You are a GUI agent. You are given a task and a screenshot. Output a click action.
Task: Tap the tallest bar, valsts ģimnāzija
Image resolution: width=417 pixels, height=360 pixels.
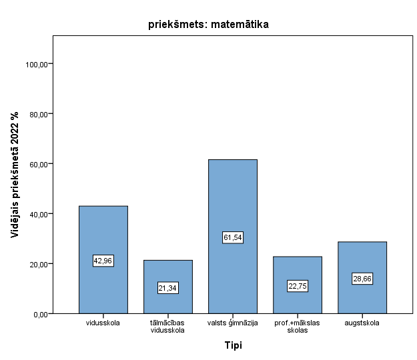(x=232, y=200)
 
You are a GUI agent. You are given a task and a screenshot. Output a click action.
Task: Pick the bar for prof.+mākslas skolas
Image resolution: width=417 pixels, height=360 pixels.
(x=298, y=267)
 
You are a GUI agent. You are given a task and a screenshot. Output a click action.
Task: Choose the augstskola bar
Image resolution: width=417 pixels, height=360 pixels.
(x=362, y=260)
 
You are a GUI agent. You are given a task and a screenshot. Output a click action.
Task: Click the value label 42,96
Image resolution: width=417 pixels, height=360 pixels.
(x=103, y=261)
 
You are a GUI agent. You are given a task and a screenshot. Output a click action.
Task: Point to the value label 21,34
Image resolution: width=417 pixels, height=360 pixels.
(x=168, y=288)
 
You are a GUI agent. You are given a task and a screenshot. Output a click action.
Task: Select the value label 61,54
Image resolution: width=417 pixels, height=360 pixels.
(x=232, y=237)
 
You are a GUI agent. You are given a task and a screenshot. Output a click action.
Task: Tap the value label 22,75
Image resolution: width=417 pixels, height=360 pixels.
(x=298, y=286)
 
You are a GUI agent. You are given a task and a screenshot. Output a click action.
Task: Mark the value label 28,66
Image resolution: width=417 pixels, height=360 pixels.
(x=362, y=279)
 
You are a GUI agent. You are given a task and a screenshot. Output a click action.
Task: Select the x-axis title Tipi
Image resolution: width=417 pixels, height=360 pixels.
(x=233, y=345)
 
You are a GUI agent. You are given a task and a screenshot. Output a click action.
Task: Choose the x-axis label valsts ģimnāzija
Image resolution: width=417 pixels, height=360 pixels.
(x=232, y=323)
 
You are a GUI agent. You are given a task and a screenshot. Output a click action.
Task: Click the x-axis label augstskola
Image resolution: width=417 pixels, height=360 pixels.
(x=362, y=323)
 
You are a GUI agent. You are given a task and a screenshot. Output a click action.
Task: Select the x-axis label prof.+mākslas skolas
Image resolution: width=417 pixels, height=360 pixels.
(x=298, y=327)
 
